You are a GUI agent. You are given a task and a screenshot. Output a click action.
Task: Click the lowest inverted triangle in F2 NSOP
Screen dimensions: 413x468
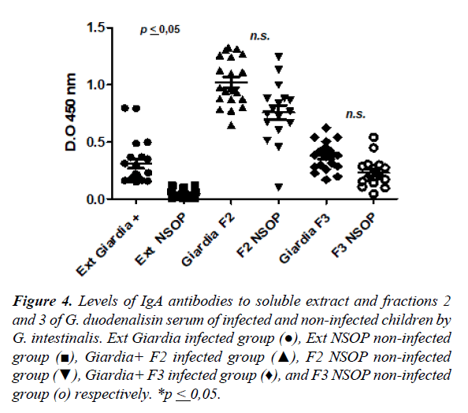[277, 187]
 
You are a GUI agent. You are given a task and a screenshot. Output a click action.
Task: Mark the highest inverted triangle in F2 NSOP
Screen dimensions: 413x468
[277, 57]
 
